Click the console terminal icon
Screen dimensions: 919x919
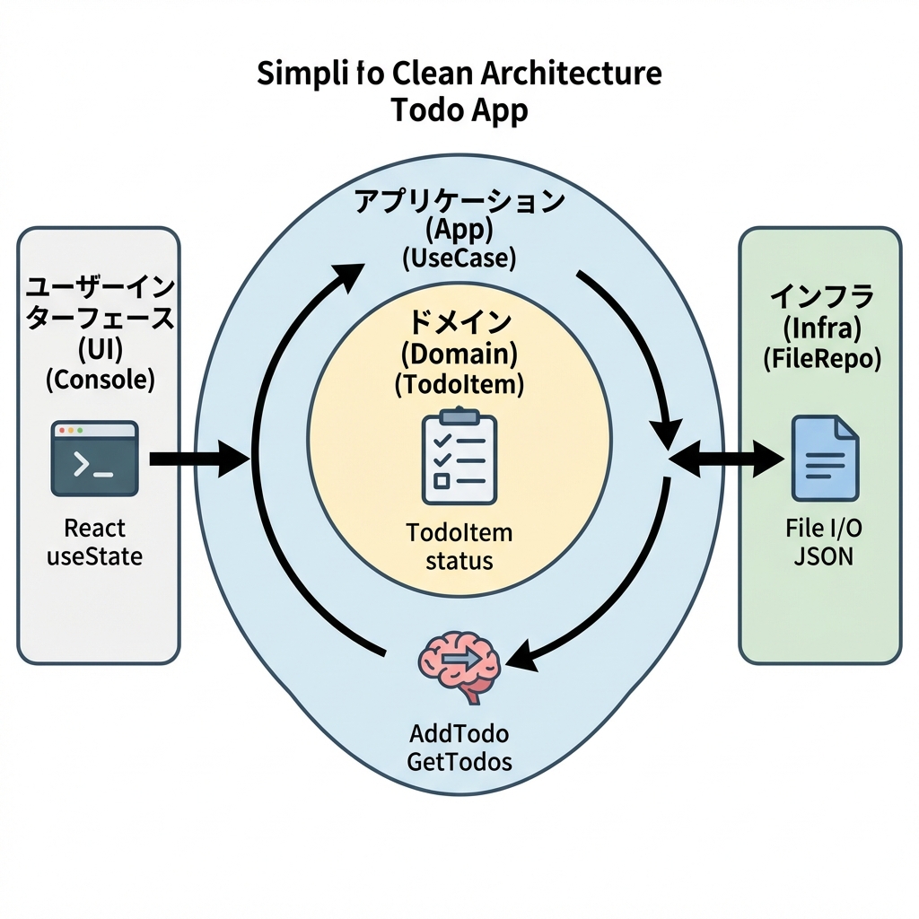[94, 458]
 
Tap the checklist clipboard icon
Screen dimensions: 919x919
[459, 457]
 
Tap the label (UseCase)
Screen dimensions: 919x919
[459, 259]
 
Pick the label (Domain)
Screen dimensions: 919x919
[459, 354]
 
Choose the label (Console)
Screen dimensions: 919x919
[100, 379]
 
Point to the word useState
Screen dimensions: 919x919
[94, 556]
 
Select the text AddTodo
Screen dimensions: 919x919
[459, 733]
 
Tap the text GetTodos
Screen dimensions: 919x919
[459, 762]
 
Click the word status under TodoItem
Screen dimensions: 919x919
[459, 562]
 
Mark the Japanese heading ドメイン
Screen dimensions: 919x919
[459, 321]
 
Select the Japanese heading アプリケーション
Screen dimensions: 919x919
[459, 201]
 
